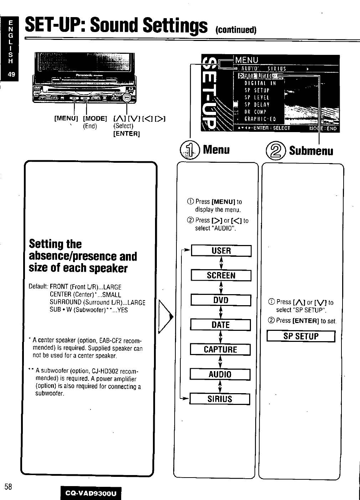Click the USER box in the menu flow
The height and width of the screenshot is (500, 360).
(x=221, y=251)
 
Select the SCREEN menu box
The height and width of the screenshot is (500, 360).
(x=221, y=275)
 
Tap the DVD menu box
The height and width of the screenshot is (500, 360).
(x=221, y=300)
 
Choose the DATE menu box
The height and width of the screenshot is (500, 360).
(x=220, y=325)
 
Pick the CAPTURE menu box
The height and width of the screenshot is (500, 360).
(x=220, y=350)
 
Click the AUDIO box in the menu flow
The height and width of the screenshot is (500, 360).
(x=220, y=374)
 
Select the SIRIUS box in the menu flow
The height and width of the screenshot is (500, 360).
(x=220, y=399)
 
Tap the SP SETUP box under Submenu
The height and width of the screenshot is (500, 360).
(x=301, y=336)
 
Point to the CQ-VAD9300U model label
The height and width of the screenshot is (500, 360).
(x=91, y=493)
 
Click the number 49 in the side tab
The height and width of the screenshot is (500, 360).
(x=11, y=74)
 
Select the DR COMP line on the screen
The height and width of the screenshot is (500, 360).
(x=255, y=112)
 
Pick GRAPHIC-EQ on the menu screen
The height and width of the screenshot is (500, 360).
(x=260, y=119)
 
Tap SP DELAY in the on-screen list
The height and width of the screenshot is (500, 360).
(x=257, y=104)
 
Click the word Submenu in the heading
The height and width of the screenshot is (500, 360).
(x=311, y=151)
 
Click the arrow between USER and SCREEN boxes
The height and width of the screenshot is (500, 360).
(x=221, y=263)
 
